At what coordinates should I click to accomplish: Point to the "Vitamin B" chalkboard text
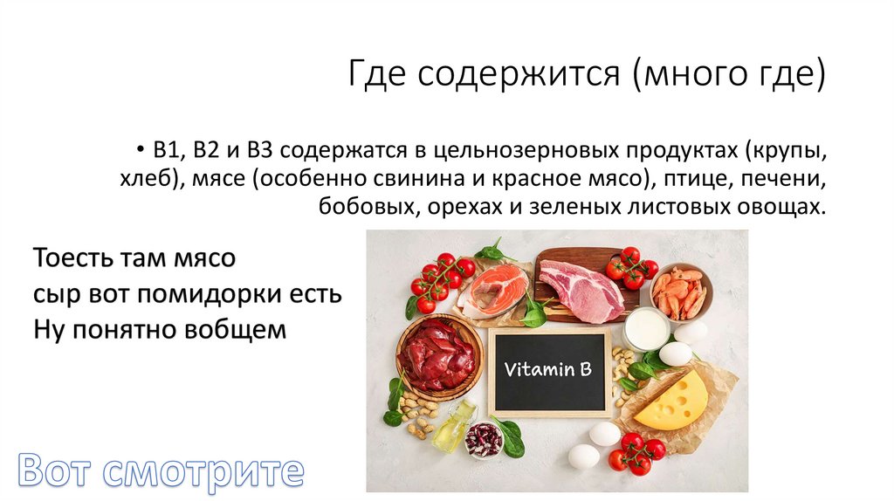(x=548, y=369)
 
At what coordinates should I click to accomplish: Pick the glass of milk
(x=646, y=328)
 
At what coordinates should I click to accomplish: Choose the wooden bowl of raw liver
(x=438, y=353)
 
